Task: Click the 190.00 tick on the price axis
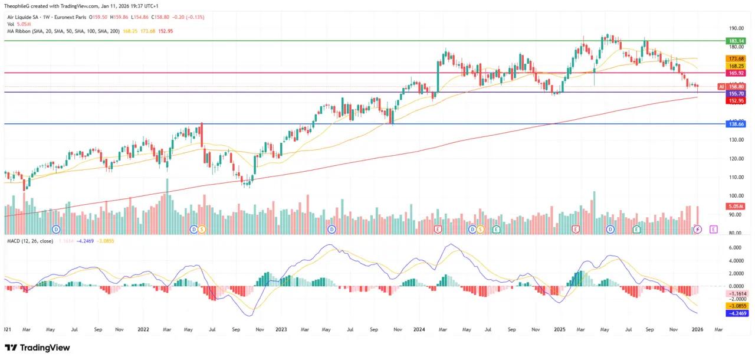coord(736,28)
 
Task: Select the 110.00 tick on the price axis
coord(736,177)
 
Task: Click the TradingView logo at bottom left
coord(37,348)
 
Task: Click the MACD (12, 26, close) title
coord(29,241)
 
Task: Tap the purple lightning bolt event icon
coord(698,228)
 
